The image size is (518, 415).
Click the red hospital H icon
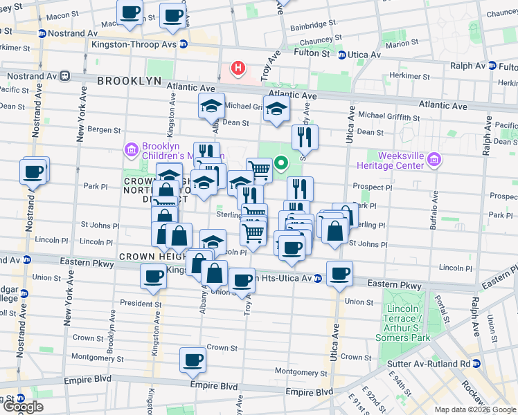coord(238,68)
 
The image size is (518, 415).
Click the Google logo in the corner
coord(22,407)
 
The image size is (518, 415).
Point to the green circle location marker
coord(281,164)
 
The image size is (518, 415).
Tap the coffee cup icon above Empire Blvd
coord(193,360)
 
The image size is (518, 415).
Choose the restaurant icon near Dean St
coord(303,138)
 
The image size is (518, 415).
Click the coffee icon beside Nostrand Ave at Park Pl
coord(33,171)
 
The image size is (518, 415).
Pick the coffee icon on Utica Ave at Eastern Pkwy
coord(339,273)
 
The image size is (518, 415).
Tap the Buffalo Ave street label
coord(436,208)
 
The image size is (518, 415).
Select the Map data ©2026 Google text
coord(474,409)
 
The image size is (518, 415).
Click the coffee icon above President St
coord(152,277)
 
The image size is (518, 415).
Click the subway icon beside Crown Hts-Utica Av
coord(318,278)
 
